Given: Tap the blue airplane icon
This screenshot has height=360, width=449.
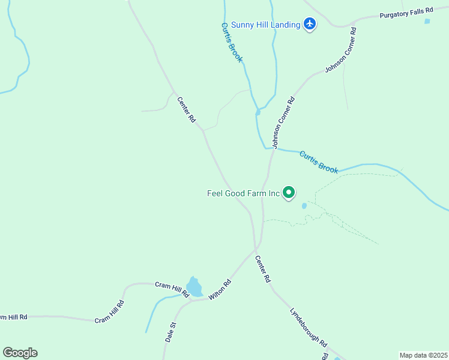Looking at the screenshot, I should click(310, 24).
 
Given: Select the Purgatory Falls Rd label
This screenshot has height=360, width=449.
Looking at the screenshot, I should click(406, 14).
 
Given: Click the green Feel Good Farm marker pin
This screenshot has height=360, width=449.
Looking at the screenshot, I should click(289, 193).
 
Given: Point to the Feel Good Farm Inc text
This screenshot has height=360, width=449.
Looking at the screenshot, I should click(244, 193).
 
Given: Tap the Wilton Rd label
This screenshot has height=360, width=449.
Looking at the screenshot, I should click(220, 290).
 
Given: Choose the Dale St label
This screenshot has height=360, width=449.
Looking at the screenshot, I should click(170, 332).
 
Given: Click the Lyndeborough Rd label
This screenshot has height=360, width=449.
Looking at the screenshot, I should click(309, 328).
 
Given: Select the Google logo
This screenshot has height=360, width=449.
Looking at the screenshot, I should click(20, 353).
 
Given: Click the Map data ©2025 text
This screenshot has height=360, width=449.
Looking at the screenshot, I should click(423, 355).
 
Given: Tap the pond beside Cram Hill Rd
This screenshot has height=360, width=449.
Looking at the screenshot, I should click(194, 287).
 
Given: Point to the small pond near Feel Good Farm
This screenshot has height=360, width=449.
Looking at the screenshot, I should click(304, 206).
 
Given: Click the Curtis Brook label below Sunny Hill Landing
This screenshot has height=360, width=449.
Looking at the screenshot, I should click(232, 43).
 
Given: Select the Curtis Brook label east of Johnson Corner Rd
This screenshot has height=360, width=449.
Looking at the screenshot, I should click(319, 162).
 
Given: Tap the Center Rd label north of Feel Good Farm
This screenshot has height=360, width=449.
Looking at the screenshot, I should click(186, 110).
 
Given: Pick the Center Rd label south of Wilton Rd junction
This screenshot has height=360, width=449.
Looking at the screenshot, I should click(263, 270).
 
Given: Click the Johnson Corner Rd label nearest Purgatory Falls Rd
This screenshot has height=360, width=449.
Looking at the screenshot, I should click(341, 50).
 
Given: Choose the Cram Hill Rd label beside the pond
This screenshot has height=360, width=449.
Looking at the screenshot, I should click(172, 289).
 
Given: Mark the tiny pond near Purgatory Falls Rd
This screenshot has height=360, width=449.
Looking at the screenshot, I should click(427, 21).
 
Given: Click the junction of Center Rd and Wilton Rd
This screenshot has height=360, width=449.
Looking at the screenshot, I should click(256, 247).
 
